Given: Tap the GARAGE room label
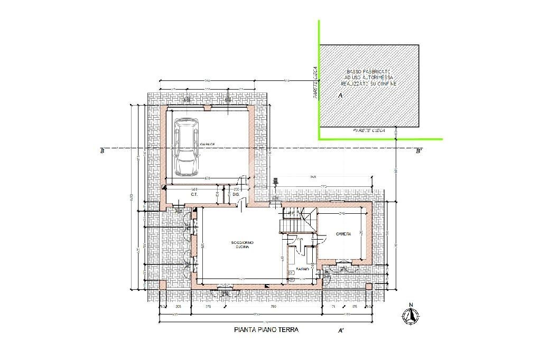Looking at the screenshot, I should pos(207,144).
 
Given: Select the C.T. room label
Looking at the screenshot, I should pos(194,195).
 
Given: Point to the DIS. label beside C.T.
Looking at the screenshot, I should pos(236,195).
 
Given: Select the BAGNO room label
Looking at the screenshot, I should pos(303,269).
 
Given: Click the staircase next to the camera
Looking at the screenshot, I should pos(299,220).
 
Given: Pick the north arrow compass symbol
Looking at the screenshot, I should pos(410,315).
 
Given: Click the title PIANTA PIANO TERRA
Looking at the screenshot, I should pos(266,330).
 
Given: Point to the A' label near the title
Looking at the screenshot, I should pos(341,331).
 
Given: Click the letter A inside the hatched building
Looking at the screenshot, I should pos(340,96).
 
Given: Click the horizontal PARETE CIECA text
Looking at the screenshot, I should pos(369,130).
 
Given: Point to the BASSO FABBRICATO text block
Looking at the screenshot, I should pos(368,78).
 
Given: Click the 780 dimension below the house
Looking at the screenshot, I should pos(273,306).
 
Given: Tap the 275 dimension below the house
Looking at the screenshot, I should pos(208,306).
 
